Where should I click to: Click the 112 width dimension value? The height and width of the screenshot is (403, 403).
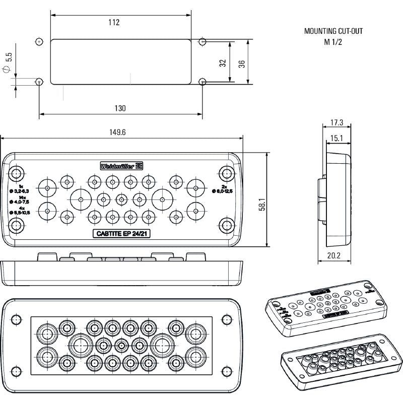coord(114,22)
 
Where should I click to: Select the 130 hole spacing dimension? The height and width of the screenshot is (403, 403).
coord(120,108)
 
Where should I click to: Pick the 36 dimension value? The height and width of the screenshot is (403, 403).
coord(242,63)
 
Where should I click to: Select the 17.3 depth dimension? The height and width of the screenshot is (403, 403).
coord(337,122)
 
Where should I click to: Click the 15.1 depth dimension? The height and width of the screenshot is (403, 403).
coord(337,138)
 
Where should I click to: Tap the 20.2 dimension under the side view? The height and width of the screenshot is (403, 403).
coord(333,256)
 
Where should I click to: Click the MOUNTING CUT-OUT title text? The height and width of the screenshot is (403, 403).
coord(333,31)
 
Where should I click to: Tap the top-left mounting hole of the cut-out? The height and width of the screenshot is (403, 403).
coord(39,41)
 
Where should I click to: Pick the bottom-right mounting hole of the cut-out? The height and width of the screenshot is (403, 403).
coord(203,81)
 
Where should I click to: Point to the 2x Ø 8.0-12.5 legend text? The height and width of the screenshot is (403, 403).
coord(222,188)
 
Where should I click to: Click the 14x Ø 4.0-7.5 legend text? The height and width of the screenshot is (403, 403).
coord(21,199)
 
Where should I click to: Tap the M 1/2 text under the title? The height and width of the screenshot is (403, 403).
coord(333,42)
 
